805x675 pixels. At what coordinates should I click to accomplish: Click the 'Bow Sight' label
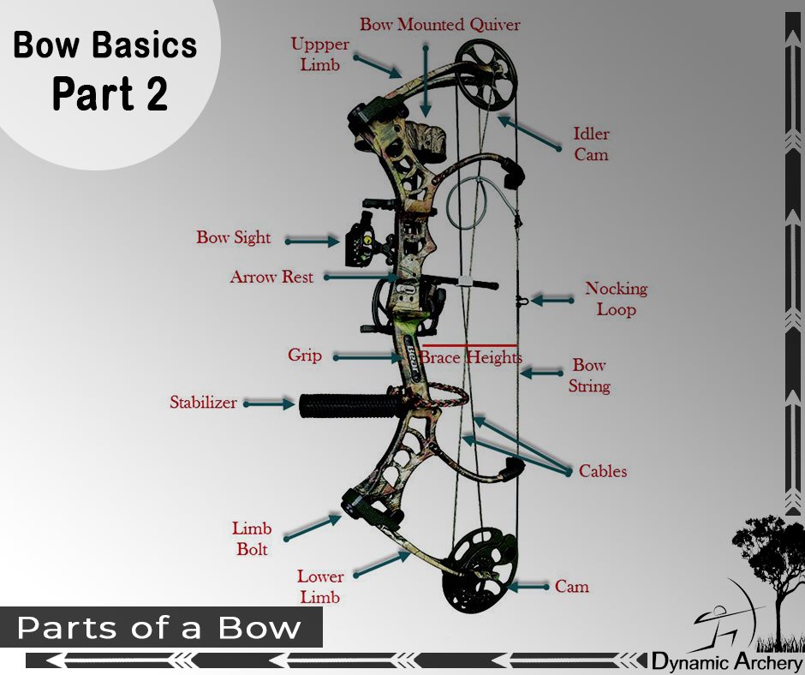coord(234,237)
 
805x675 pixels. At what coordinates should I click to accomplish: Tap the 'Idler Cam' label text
coord(591,144)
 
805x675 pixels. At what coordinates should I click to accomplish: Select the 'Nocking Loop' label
coord(616,298)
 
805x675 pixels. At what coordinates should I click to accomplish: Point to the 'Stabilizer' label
coord(203,402)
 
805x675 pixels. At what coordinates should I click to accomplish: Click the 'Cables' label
coord(603,471)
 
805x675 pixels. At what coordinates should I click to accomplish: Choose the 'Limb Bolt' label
coord(252,538)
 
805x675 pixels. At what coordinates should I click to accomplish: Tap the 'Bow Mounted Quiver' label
coord(439,24)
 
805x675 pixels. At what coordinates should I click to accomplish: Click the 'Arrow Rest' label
coord(271,277)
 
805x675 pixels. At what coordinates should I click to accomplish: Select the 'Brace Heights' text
coord(471,357)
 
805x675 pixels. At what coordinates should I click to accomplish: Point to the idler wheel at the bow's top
coord(486,75)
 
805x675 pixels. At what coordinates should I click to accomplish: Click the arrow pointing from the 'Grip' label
coord(368,357)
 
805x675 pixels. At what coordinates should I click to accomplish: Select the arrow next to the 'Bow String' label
coord(541,373)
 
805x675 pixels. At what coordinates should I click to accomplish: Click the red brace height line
coord(468,345)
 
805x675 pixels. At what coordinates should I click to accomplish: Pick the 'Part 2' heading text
coord(110,93)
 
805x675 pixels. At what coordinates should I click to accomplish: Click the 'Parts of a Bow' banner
coord(161,627)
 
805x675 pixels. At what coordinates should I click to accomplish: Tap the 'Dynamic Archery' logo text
coord(727,661)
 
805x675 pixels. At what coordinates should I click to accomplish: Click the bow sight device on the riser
coord(360,241)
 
